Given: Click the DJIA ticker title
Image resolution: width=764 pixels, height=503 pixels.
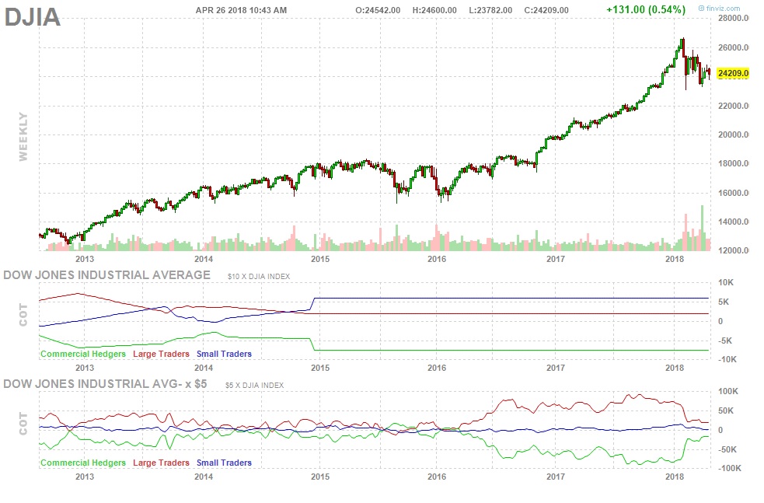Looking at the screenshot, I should tap(33, 17).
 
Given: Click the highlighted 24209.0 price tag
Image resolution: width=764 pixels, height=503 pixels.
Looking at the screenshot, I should tap(733, 74).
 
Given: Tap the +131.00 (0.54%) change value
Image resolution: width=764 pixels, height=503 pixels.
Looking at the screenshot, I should tap(645, 10).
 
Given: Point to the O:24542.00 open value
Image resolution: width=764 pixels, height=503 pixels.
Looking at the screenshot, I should tap(378, 10).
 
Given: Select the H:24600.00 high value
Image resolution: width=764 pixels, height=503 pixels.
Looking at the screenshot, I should tap(438, 10).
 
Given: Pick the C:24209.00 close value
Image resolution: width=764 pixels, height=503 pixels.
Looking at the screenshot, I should tap(546, 10).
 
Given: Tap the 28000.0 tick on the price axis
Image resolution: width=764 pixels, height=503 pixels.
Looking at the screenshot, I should tap(734, 19).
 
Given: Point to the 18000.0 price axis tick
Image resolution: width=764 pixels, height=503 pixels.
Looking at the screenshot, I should tap(734, 164).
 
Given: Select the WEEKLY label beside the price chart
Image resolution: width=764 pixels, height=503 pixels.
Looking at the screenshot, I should tap(23, 137).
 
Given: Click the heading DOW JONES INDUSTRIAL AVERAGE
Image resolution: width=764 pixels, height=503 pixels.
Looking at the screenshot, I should tap(107, 274).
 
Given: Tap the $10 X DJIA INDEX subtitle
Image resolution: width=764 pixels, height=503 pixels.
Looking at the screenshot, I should tap(259, 277).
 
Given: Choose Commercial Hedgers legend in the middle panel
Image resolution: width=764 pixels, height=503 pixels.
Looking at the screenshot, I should tap(83, 354).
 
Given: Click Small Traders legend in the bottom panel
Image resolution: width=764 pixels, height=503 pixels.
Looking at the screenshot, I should tap(225, 463).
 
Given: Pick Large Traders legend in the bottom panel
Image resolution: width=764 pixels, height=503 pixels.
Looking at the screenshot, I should tap(162, 463).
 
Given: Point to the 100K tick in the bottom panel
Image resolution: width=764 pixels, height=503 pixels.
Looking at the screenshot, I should tap(731, 392).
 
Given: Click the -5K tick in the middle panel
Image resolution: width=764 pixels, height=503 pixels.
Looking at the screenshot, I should tap(727, 340).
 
